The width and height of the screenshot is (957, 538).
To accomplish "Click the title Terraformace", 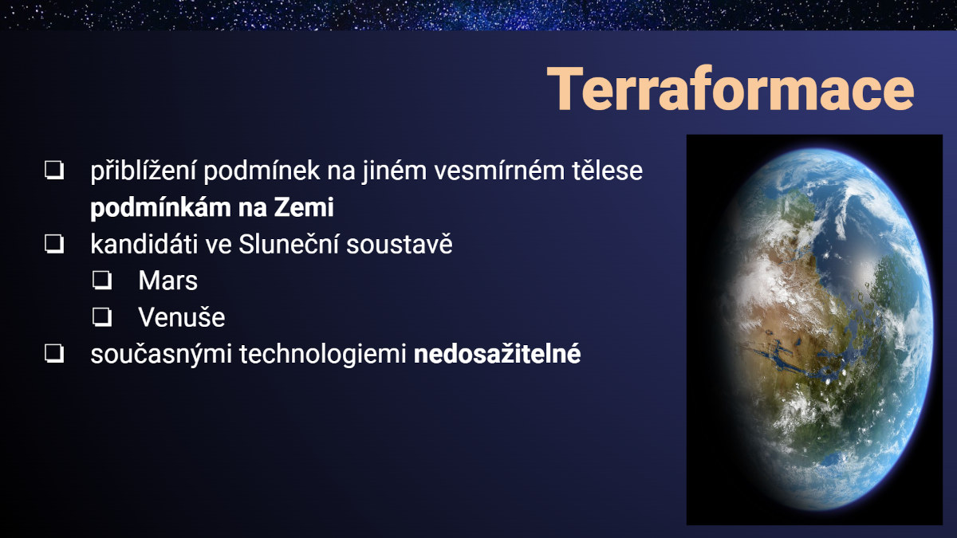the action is (x=731, y=89).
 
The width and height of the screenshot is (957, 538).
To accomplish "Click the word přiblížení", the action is (x=143, y=171).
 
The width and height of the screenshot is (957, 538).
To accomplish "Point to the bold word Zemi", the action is (x=304, y=208).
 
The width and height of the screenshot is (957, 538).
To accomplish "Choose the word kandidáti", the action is (x=144, y=244).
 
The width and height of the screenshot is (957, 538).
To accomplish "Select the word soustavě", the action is (x=400, y=244).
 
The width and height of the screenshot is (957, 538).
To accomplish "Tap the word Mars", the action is (x=168, y=281).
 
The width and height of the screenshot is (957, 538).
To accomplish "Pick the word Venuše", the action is (x=182, y=317).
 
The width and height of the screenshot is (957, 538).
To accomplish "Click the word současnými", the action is (x=161, y=355).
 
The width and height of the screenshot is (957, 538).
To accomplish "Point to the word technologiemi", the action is (x=322, y=354).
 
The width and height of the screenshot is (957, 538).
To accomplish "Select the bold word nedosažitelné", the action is (x=498, y=354).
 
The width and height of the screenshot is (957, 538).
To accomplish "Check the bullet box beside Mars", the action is (x=102, y=281).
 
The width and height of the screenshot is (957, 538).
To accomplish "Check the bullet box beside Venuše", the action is (x=102, y=317).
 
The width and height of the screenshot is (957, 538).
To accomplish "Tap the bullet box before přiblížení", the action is (x=54, y=171).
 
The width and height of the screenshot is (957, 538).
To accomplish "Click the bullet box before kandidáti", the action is (x=54, y=244).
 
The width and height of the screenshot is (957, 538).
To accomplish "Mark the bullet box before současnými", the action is (x=54, y=354).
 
